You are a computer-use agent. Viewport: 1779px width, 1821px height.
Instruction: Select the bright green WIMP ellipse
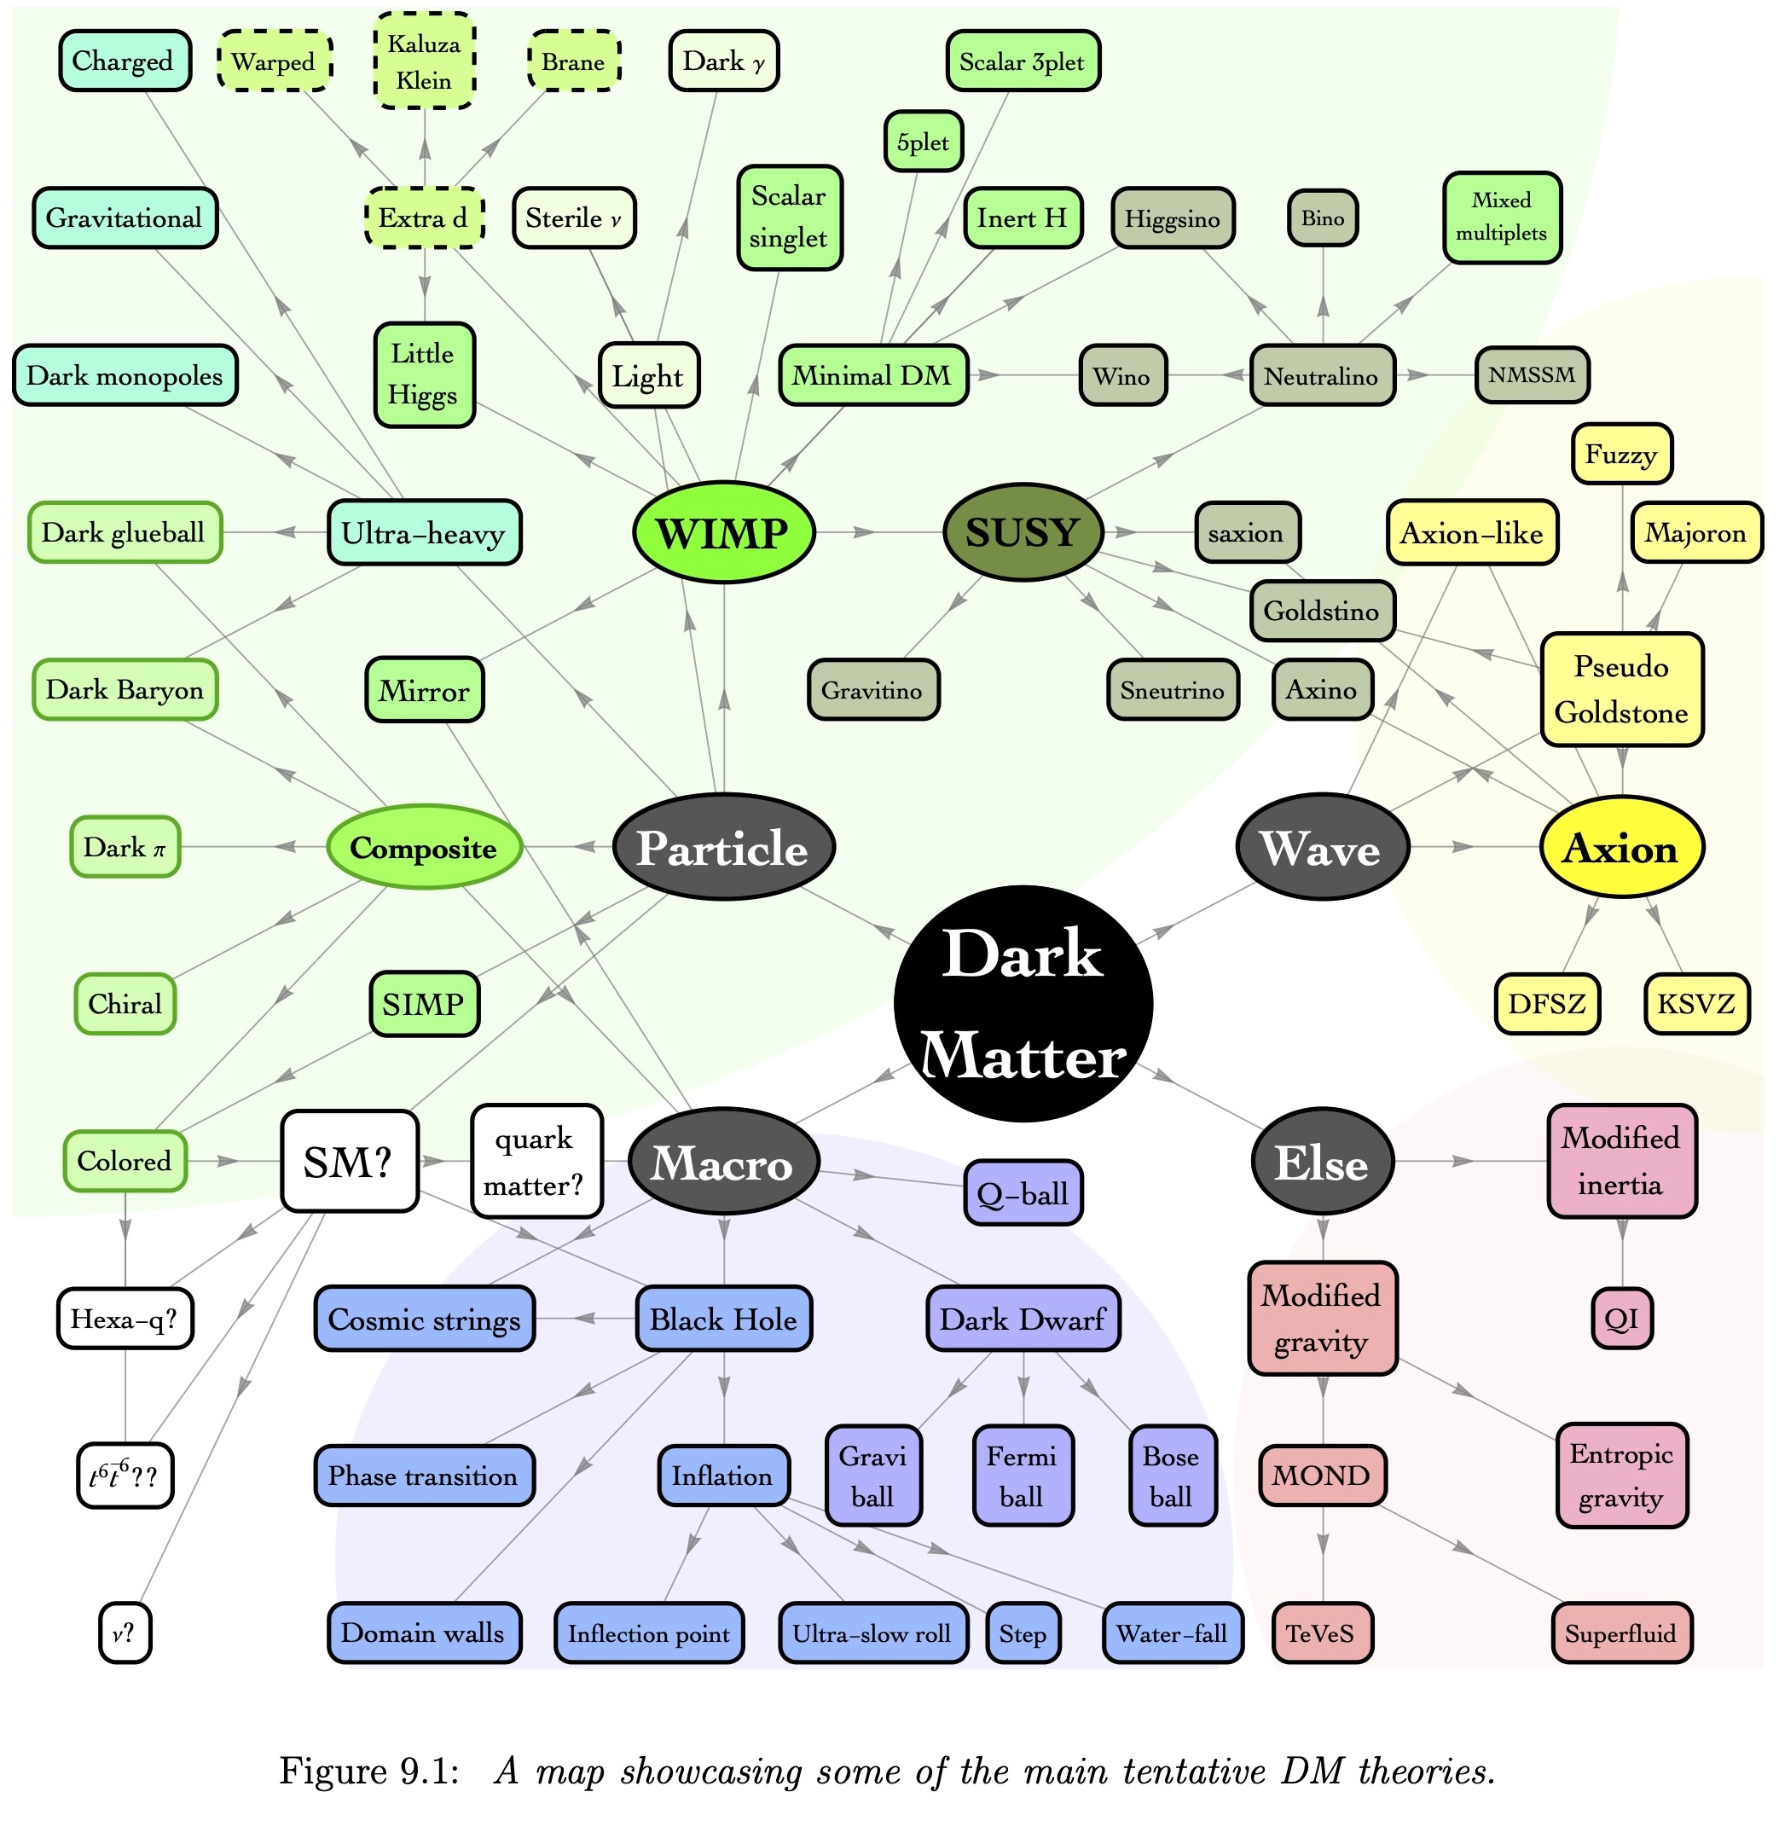pyautogui.click(x=724, y=532)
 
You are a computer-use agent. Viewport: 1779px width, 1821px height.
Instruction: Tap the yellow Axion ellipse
pyautogui.click(x=1622, y=848)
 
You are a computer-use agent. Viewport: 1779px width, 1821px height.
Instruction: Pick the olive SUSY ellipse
pyautogui.click(x=1023, y=532)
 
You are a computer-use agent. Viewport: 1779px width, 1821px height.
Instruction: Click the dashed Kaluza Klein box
pyautogui.click(x=424, y=61)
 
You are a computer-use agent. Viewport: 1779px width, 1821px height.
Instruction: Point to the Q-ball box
pyautogui.click(x=1023, y=1193)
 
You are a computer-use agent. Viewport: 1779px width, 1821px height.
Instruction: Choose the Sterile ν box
pyautogui.click(x=575, y=218)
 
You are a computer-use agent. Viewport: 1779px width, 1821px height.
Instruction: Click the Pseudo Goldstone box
pyautogui.click(x=1622, y=689)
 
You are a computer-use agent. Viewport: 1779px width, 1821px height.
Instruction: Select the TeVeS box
pyautogui.click(x=1322, y=1633)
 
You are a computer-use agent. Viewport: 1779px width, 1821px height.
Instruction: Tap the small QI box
pyautogui.click(x=1622, y=1319)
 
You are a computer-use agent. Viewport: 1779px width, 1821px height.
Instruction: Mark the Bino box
pyautogui.click(x=1323, y=218)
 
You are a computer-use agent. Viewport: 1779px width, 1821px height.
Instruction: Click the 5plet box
pyautogui.click(x=923, y=142)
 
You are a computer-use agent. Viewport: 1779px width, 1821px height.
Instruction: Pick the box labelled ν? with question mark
pyautogui.click(x=125, y=1633)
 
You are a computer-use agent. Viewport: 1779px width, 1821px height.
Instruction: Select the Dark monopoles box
pyautogui.click(x=125, y=375)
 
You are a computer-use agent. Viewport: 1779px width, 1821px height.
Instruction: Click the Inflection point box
pyautogui.click(x=649, y=1633)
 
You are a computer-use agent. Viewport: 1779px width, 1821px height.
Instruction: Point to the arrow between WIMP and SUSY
pyautogui.click(x=879, y=532)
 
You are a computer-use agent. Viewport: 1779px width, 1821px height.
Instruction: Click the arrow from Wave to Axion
pyautogui.click(x=1475, y=848)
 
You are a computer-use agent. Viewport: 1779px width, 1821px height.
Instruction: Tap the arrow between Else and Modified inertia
pyautogui.click(x=1470, y=1162)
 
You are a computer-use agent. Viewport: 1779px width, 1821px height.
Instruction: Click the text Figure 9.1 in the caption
pyautogui.click(x=369, y=1771)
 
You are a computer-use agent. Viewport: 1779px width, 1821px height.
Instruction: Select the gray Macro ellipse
pyautogui.click(x=724, y=1162)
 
